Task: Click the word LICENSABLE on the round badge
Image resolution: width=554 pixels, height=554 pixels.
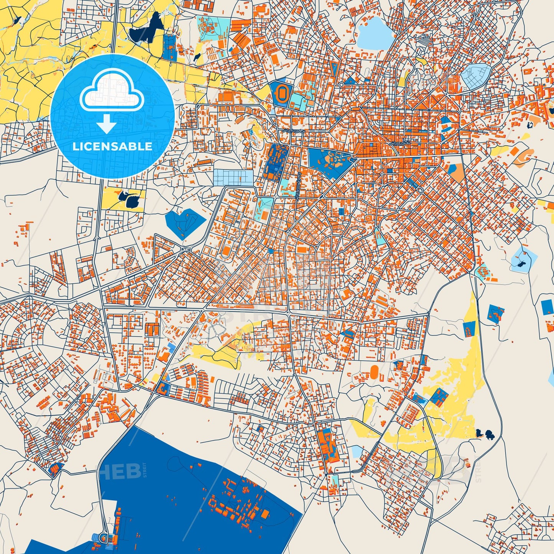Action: point(112,146)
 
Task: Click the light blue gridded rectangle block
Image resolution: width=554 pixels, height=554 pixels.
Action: point(233,178)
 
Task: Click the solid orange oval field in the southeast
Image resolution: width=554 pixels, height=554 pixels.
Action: point(375,371)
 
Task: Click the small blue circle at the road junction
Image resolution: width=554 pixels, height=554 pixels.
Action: point(271,251)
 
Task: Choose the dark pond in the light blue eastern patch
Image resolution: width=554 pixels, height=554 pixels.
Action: point(521,264)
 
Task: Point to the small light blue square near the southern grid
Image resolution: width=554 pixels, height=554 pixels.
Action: point(357,451)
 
